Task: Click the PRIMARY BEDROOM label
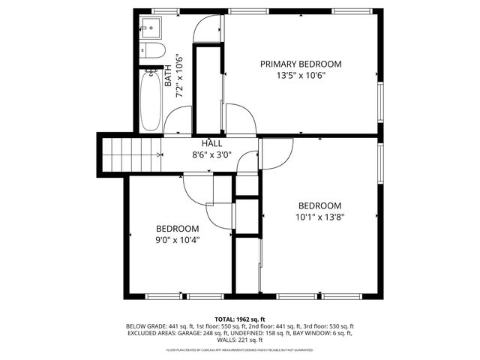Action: tap(301, 64)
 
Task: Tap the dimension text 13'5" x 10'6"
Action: tap(301, 75)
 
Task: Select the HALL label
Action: tap(211, 143)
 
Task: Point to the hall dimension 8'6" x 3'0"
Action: tap(211, 155)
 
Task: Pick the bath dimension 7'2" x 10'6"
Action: tap(179, 76)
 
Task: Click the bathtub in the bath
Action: tap(150, 100)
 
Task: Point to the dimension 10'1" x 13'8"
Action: tap(320, 217)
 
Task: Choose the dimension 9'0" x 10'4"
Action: tap(177, 241)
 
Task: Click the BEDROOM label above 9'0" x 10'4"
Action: tap(177, 229)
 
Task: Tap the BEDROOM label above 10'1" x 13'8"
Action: tap(320, 205)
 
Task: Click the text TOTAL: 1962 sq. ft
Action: tap(240, 319)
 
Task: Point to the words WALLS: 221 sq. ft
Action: tap(240, 341)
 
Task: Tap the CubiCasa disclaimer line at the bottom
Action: tap(240, 350)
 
